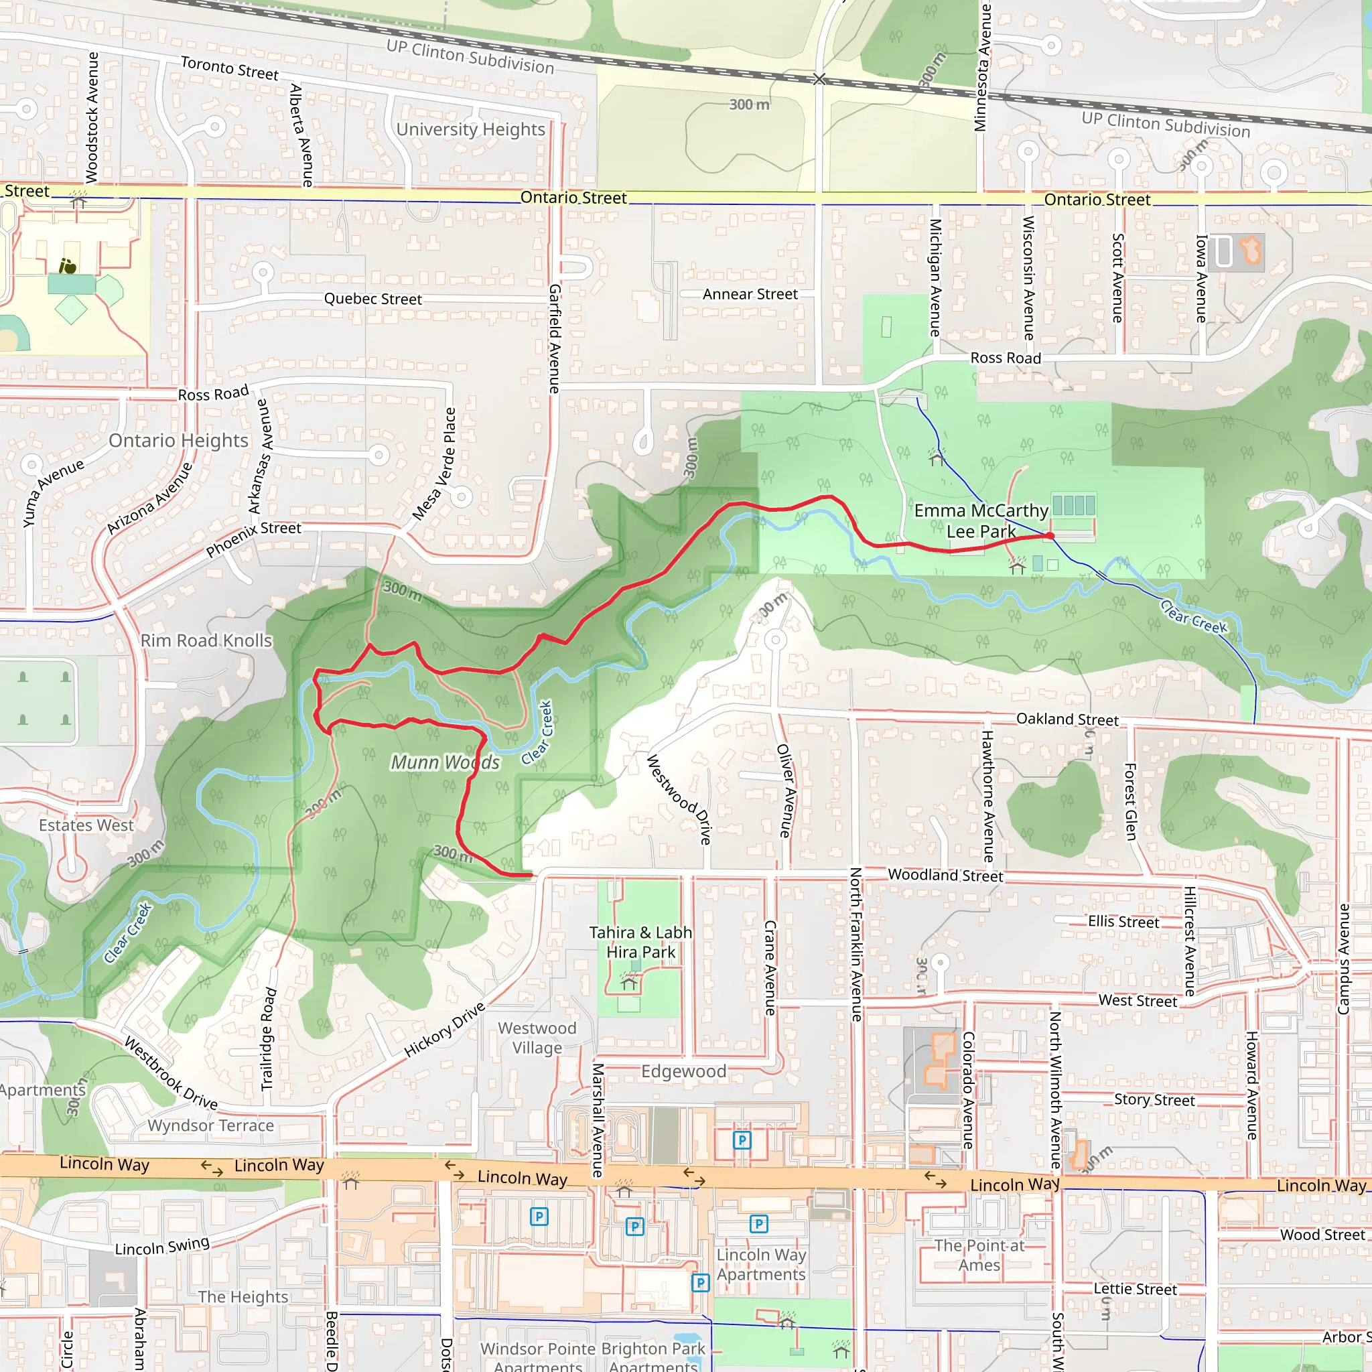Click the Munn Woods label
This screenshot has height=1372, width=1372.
point(445,762)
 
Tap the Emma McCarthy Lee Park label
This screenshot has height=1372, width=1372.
point(981,521)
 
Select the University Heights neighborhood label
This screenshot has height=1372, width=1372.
point(470,129)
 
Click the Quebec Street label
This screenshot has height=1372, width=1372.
point(373,299)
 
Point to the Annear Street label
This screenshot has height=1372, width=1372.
point(750,294)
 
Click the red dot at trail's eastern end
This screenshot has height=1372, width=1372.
point(1050,536)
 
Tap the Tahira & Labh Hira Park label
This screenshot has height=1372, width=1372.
point(640,942)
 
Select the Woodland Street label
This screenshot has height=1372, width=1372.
point(945,875)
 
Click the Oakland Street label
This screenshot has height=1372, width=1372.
point(1067,719)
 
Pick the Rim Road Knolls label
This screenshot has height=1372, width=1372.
point(206,640)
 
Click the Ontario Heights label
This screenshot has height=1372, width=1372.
point(178,440)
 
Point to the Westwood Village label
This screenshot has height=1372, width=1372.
point(537,1038)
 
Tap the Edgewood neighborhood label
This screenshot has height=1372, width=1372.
point(683,1071)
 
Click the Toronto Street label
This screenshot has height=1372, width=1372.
point(229,68)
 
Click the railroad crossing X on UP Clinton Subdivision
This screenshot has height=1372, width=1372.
point(819,79)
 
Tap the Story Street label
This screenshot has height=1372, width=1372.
point(1154,1099)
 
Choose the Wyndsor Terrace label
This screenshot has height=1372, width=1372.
point(210,1125)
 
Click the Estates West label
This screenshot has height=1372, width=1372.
point(86,825)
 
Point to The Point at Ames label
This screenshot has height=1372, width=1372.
point(979,1255)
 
